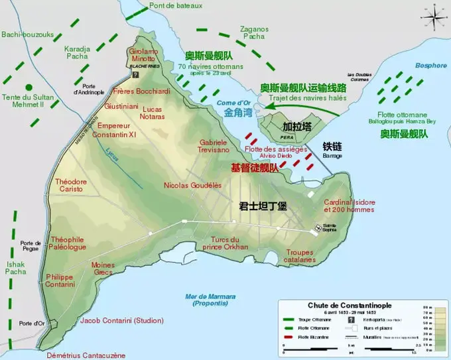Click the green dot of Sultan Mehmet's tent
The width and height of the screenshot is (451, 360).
(28, 87)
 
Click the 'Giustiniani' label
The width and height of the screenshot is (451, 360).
(121, 105)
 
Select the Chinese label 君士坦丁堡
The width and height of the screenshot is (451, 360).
(263, 206)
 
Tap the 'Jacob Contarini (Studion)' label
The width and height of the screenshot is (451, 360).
(121, 321)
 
